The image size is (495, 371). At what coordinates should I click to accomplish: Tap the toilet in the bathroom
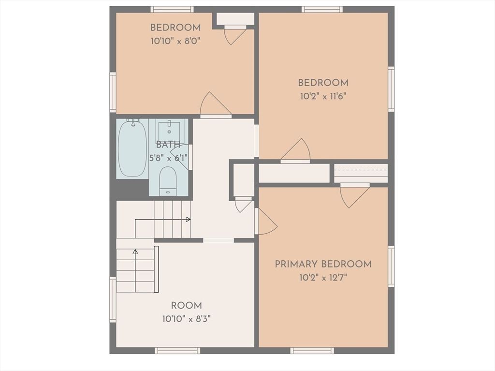tap(167, 181)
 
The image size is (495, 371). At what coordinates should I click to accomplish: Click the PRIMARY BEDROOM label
tap(323, 264)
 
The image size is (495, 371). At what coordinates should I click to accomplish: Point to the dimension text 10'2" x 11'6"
tap(323, 96)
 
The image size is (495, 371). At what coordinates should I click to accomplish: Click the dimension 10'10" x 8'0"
tap(175, 41)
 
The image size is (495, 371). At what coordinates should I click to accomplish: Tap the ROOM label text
tap(186, 306)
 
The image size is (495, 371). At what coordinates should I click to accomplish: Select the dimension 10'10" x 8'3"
tap(186, 319)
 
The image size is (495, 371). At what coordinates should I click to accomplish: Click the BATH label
tap(168, 145)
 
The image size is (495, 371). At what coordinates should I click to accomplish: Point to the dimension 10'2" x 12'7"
tap(323, 278)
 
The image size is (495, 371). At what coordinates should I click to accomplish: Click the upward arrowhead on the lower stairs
tap(135, 252)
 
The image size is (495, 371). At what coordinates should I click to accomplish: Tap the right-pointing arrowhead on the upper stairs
tap(188, 219)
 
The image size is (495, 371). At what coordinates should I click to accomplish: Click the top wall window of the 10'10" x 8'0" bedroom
tap(172, 10)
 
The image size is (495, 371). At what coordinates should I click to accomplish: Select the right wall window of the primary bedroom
tap(391, 267)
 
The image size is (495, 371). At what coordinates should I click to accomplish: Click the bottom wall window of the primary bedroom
tap(312, 351)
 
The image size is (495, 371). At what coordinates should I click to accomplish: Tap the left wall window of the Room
tap(113, 299)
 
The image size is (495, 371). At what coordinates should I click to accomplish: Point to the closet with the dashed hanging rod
tap(361, 173)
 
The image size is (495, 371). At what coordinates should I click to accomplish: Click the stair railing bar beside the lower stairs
tap(156, 269)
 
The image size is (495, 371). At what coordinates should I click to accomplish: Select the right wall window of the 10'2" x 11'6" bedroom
tap(391, 89)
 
